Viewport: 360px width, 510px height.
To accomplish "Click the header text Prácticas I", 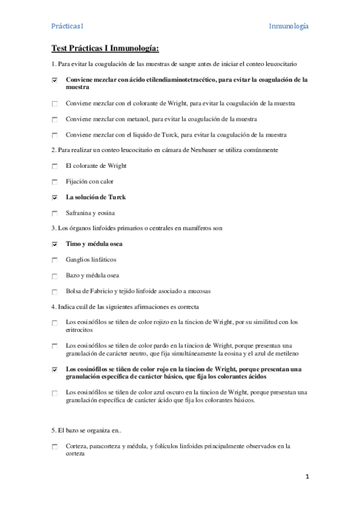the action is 67,26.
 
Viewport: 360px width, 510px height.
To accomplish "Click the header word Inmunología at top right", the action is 288,26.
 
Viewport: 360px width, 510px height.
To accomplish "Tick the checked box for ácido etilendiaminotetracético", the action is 55,80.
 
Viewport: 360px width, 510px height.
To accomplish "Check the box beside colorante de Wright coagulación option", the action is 55,104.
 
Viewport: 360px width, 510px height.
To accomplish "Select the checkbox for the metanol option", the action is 55,120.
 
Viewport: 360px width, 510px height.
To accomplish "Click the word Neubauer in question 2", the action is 186,150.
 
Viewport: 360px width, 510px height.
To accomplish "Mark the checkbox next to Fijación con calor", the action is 55,182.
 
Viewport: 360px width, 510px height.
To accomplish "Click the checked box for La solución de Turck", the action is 55,197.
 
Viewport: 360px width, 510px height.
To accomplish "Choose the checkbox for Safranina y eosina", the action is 55,213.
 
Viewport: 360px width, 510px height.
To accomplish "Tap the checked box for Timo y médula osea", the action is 55,244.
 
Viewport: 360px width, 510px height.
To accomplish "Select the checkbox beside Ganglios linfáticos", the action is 55,260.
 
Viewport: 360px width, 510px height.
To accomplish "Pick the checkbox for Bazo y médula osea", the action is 55,276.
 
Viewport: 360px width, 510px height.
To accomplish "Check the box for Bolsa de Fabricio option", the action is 55,292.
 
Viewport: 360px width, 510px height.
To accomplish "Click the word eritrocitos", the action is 79,330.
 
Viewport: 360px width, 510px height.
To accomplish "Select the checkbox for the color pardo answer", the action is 55,346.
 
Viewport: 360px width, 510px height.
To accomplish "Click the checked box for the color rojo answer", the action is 55,370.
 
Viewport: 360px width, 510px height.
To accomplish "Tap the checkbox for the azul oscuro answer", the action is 55,393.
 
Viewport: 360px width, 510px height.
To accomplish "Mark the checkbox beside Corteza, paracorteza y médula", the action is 55,447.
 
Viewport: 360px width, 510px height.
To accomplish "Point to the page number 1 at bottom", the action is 307,477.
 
